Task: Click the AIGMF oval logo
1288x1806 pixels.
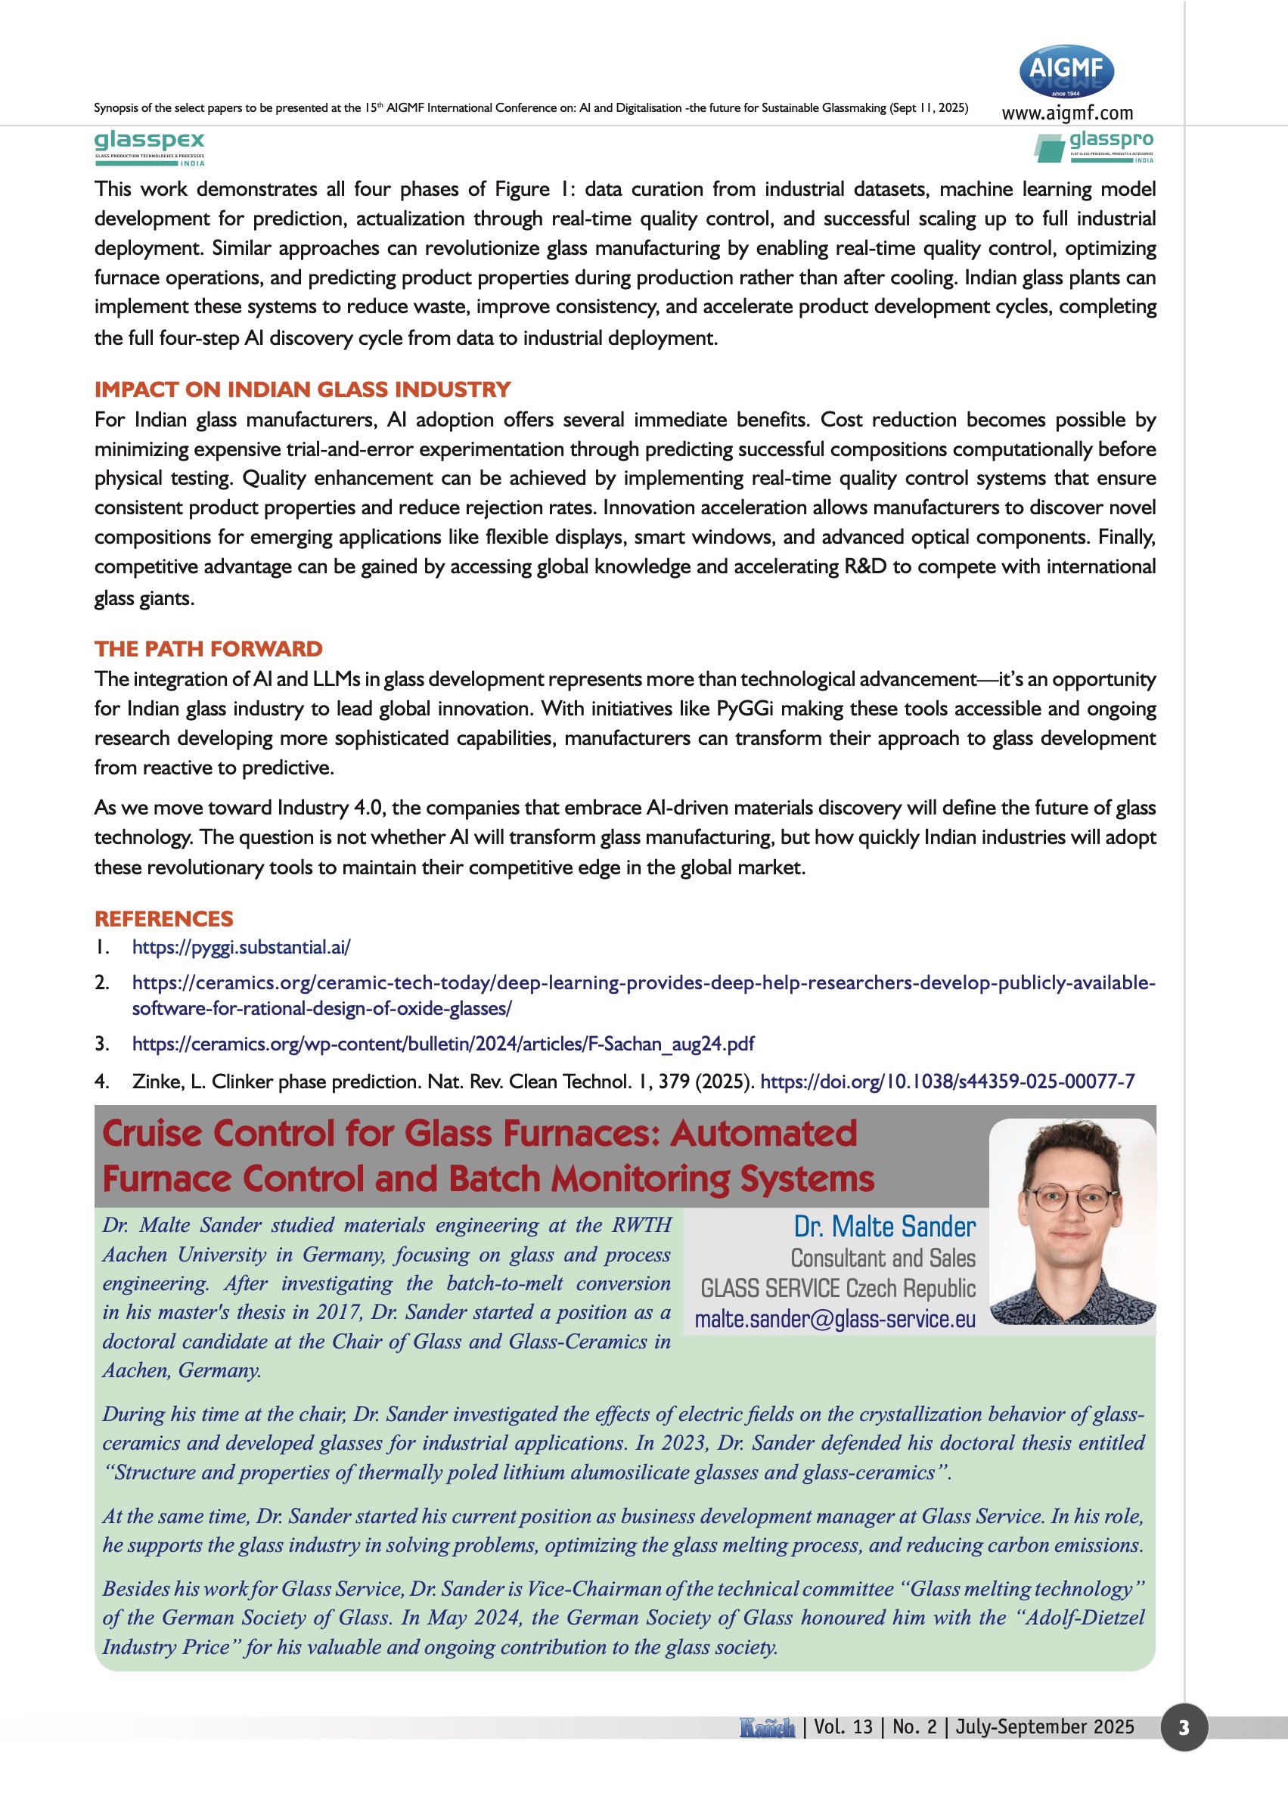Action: [x=1066, y=71]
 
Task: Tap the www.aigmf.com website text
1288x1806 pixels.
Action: [x=1066, y=113]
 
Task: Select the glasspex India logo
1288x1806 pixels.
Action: [x=149, y=147]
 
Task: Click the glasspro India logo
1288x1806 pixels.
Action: [x=1094, y=147]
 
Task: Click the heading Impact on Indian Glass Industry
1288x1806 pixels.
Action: [x=303, y=389]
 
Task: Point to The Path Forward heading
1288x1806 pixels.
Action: [x=209, y=649]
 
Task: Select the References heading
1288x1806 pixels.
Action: [x=163, y=918]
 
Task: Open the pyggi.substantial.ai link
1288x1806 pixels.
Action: [x=241, y=947]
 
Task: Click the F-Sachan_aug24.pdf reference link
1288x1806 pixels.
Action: [x=442, y=1044]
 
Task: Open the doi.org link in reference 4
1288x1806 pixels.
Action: [x=947, y=1081]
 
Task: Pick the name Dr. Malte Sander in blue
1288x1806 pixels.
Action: [x=884, y=1226]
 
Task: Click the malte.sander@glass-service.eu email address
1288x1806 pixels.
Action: [x=834, y=1319]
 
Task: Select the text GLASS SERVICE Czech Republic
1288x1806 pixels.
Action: [x=837, y=1288]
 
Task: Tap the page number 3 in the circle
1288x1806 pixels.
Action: [x=1184, y=1727]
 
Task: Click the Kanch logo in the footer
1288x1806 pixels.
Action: [x=767, y=1727]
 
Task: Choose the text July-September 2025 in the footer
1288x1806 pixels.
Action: [x=1044, y=1727]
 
